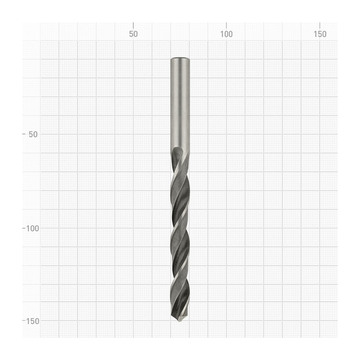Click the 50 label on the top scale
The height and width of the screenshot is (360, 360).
[133, 34]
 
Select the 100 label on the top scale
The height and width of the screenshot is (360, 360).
[226, 34]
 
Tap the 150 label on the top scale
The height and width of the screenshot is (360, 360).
[320, 34]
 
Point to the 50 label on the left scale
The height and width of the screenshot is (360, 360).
[33, 134]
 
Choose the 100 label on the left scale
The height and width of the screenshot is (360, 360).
[32, 229]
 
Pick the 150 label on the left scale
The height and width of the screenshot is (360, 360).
[32, 321]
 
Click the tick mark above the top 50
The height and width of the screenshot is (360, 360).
[133, 25]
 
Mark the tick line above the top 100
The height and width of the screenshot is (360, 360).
[226, 25]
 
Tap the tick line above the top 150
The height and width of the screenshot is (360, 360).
[320, 25]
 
